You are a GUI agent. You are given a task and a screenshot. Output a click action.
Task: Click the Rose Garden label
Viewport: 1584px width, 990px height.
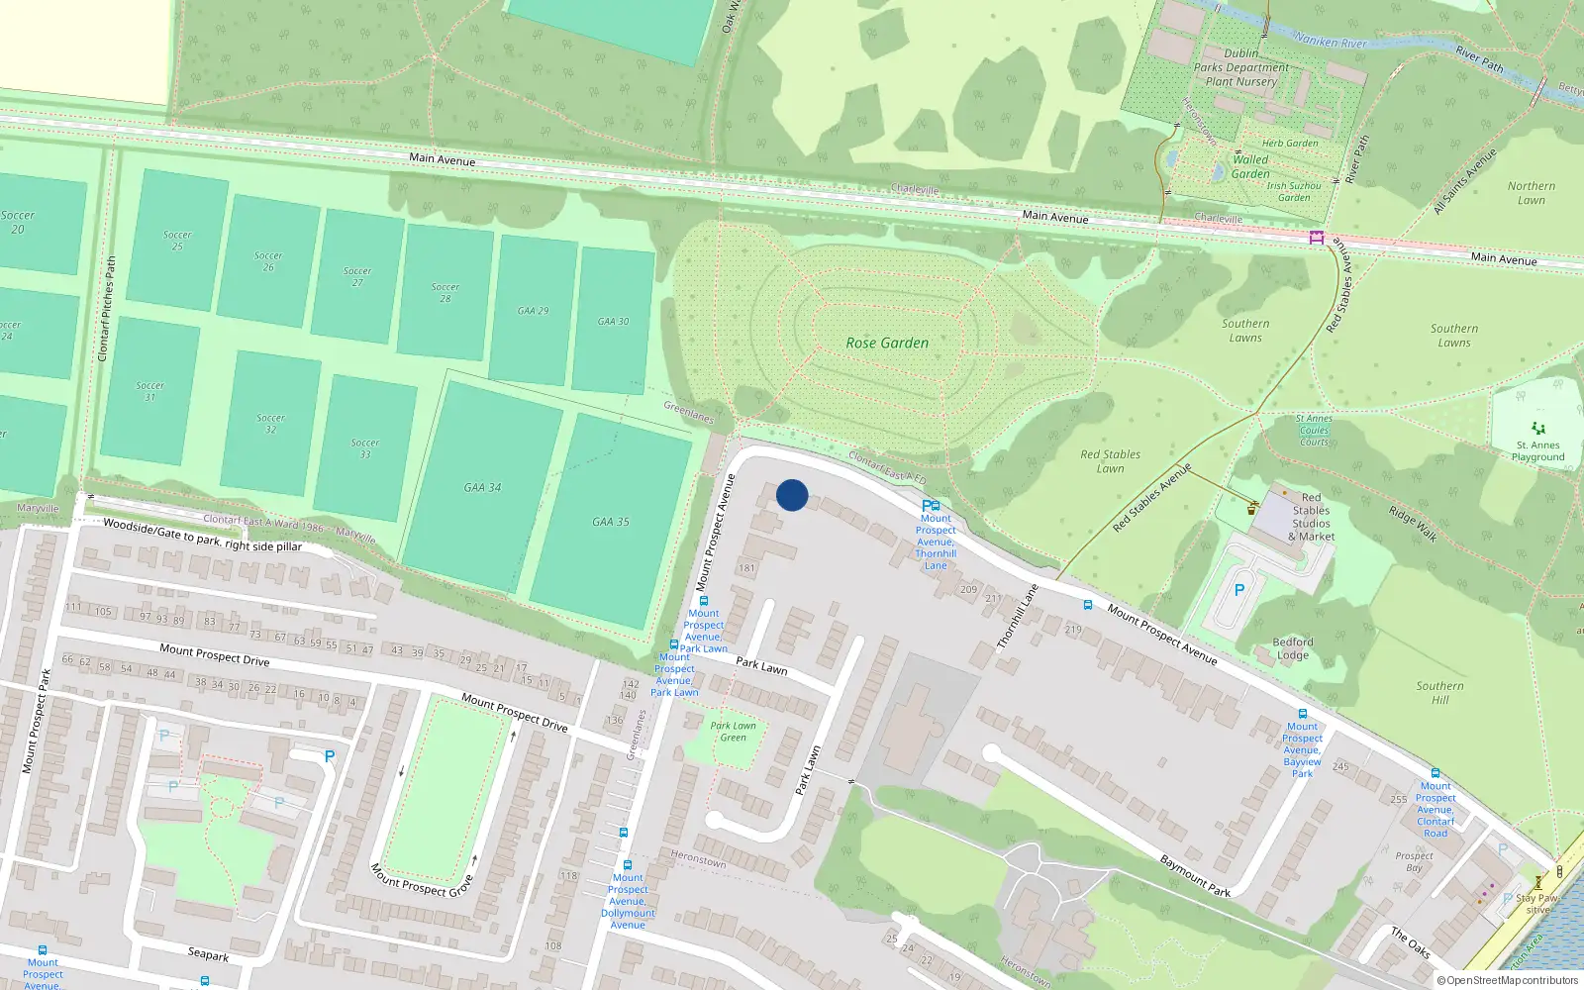point(887,343)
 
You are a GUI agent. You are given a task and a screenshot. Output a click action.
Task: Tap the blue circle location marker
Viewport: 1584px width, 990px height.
point(792,495)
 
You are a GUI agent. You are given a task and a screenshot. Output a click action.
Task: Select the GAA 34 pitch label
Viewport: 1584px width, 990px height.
point(482,487)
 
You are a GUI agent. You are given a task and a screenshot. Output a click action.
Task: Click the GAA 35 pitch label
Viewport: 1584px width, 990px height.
point(610,522)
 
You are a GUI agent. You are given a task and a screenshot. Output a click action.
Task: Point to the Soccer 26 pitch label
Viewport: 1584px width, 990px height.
point(268,261)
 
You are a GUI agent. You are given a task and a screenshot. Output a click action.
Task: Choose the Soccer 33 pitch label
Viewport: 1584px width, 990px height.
point(364,448)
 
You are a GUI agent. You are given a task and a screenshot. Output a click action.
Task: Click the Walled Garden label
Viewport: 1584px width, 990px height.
point(1250,166)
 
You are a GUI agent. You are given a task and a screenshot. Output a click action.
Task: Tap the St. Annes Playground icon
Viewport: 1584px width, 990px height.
point(1537,429)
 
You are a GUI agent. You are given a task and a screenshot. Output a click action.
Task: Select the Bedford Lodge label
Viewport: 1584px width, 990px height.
point(1293,648)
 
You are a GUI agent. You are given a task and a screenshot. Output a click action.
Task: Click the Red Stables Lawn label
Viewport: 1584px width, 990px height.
point(1110,461)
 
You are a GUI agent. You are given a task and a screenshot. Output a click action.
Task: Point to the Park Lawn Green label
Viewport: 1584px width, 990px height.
point(733,732)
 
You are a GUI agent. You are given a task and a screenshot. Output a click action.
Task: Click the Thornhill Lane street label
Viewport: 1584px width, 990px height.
point(1017,617)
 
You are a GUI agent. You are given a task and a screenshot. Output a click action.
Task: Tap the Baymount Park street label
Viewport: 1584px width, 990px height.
point(1195,876)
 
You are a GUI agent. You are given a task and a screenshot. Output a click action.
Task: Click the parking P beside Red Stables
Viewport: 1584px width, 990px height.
point(1238,591)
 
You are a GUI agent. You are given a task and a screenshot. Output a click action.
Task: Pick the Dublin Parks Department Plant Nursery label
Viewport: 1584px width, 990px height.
point(1241,67)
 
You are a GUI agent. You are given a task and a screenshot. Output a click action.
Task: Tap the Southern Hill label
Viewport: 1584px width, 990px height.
point(1439,692)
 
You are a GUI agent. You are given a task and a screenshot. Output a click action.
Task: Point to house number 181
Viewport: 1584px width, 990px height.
point(746,568)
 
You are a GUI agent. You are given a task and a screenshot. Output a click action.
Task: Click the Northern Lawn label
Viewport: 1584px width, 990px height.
point(1531,193)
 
